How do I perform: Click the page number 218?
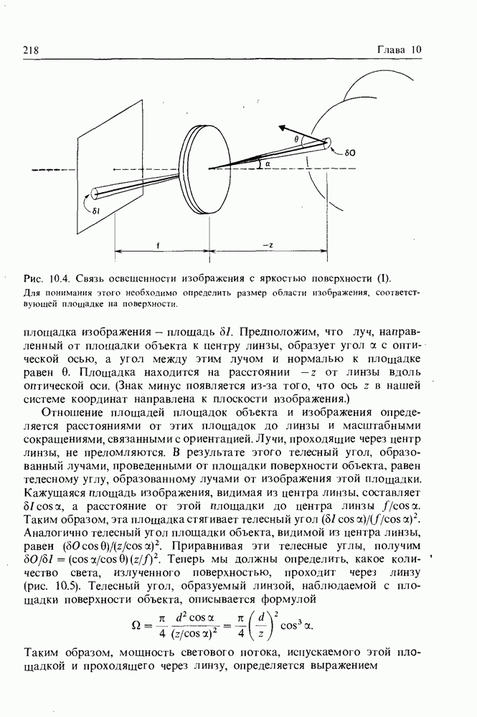30,49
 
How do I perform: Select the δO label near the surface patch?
351,153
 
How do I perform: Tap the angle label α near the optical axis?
267,163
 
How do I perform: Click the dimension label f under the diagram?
157,244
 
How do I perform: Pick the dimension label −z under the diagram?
267,244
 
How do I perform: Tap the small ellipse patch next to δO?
328,143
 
